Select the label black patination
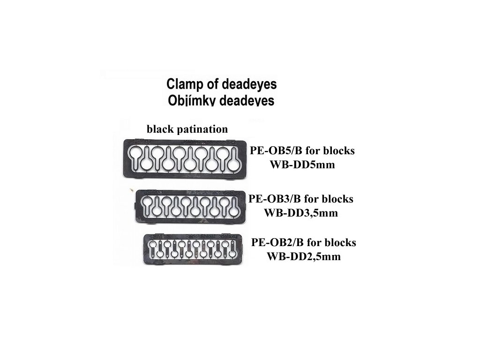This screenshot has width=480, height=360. [x=187, y=129]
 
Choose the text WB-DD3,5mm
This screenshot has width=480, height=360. [x=301, y=213]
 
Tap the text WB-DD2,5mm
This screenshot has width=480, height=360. [x=303, y=256]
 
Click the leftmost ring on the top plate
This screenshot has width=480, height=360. [x=135, y=153]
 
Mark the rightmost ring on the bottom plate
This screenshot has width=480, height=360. [x=233, y=253]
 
